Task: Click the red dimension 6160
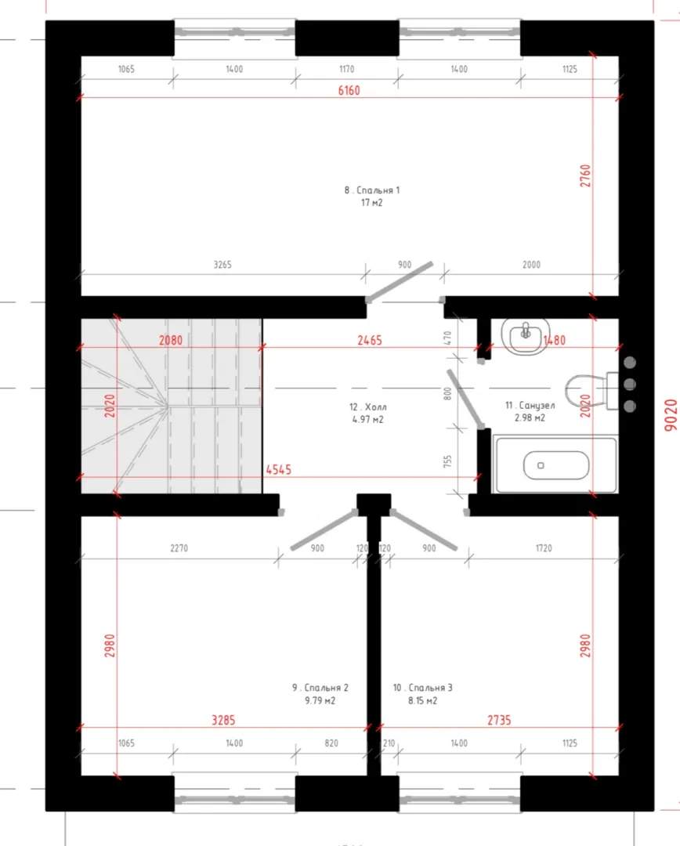(349, 91)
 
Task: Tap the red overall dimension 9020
(671, 415)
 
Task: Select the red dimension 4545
(278, 470)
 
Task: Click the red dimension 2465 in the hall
(370, 341)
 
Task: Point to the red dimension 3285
(223, 721)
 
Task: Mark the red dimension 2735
(499, 721)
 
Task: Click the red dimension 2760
(585, 176)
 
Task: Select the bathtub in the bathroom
(556, 465)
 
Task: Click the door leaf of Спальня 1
(400, 282)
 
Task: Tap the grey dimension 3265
(222, 265)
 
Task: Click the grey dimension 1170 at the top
(347, 69)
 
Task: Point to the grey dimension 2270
(179, 548)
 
